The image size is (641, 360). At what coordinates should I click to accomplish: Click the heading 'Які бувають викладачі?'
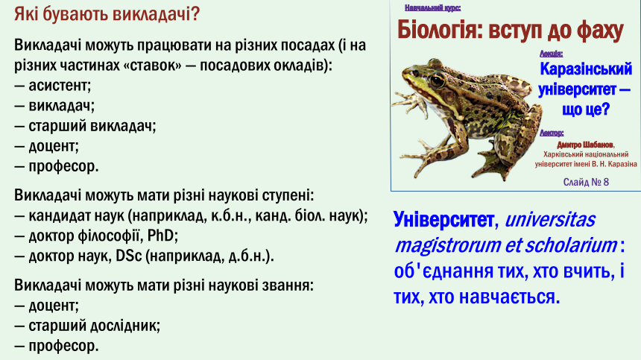107,15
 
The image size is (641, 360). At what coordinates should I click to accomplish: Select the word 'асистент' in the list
59,86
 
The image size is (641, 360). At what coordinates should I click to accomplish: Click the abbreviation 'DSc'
129,256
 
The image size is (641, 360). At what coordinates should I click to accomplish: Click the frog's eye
437,80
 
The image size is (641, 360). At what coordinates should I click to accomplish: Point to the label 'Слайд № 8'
586,182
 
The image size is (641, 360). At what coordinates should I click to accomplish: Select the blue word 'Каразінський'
586,69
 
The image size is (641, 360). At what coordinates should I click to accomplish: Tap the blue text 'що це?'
586,109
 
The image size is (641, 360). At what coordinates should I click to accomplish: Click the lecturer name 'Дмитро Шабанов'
585,145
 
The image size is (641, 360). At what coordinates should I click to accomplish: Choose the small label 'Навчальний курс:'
432,7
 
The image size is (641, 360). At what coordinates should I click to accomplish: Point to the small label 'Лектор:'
552,133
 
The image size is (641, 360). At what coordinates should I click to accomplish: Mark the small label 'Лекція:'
551,54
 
